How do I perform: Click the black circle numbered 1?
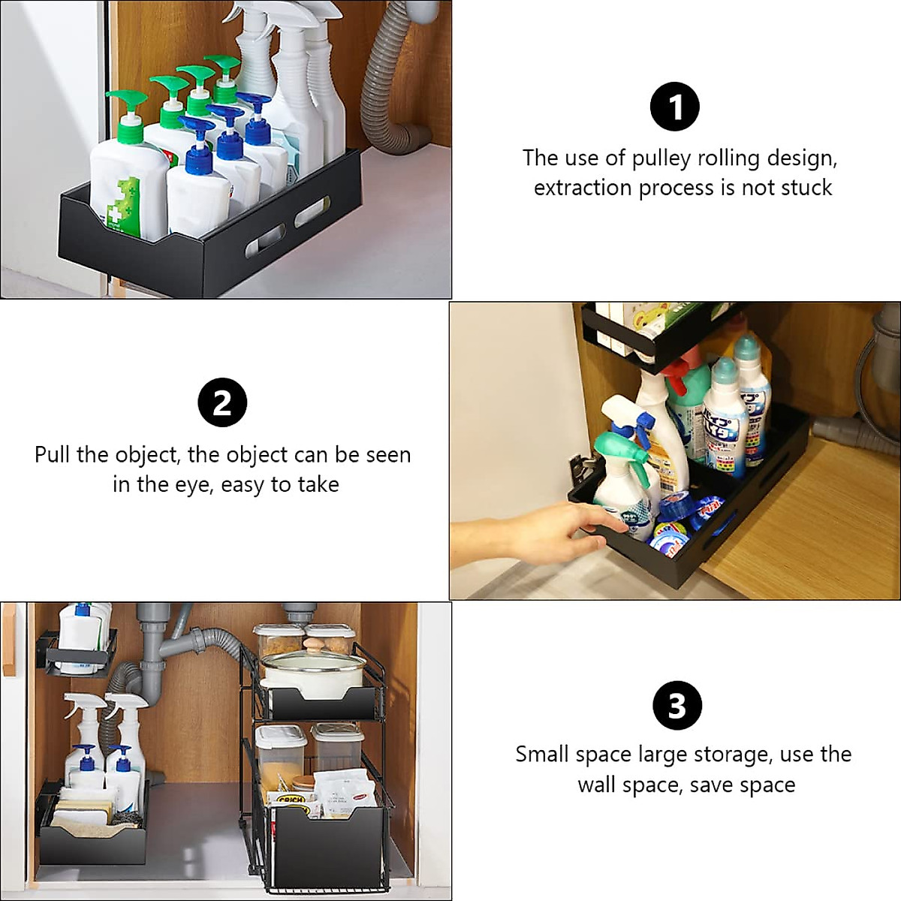pyautogui.click(x=674, y=107)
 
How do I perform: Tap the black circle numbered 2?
pyautogui.click(x=222, y=403)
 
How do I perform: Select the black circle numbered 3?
pyautogui.click(x=677, y=705)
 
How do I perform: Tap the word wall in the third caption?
pyautogui.click(x=599, y=785)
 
